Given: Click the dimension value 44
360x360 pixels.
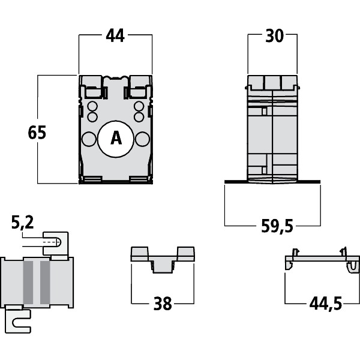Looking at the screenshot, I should [115, 36].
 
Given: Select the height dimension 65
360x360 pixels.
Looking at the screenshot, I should [37, 133].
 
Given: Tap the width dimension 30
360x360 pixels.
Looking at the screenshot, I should [274, 36].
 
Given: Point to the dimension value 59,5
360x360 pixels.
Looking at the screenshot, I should [277, 226].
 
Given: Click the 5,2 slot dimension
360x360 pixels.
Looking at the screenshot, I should [22, 224].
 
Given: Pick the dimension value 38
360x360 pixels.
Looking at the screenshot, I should [162, 304].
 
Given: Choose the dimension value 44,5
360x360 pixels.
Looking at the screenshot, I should [325, 304].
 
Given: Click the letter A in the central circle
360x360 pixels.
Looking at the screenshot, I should [116, 139].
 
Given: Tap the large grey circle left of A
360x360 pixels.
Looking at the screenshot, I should [89, 139].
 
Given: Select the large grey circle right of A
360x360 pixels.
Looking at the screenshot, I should [142, 139].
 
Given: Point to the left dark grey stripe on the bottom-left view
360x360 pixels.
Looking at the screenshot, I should [28, 282].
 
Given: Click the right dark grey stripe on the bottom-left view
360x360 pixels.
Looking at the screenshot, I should [44, 282].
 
